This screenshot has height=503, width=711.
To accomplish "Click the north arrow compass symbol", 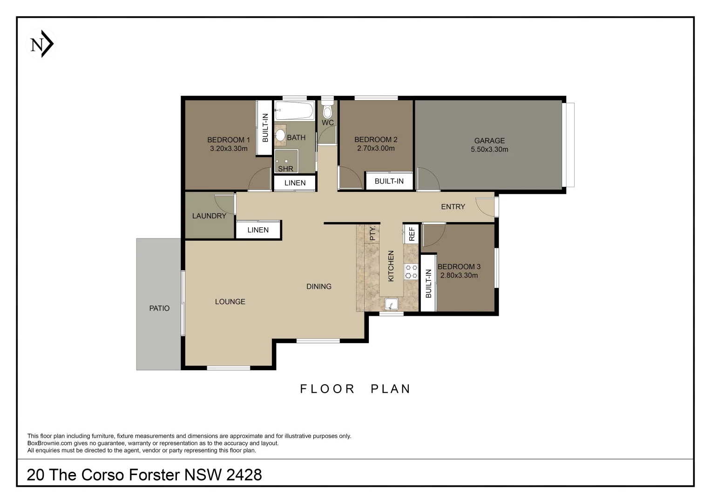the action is (41, 44).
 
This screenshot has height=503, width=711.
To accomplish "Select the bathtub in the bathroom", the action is (294, 110).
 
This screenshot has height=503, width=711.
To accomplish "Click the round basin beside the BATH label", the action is (280, 135).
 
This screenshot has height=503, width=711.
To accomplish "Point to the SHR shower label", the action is (286, 169).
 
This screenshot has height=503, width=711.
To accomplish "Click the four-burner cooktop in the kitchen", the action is (411, 272).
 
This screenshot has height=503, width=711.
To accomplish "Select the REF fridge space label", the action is (412, 234).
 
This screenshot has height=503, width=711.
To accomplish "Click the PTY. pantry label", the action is (372, 233).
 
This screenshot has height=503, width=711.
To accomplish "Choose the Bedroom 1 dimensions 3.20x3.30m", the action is (229, 149).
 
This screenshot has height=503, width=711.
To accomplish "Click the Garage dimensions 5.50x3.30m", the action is (489, 149).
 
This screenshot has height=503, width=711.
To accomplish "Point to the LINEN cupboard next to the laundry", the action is (258, 230).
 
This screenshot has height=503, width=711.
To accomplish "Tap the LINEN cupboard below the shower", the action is (295, 183).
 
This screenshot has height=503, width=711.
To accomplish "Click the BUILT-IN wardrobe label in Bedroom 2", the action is (389, 181).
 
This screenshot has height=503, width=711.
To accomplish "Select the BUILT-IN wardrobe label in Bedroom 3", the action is (428, 284).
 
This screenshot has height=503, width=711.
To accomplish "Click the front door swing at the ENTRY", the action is (485, 207).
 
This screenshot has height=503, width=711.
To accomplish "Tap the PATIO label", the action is (159, 308).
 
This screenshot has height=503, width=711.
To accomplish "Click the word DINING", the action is (319, 286).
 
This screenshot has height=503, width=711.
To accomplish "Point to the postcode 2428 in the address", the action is (244, 475).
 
